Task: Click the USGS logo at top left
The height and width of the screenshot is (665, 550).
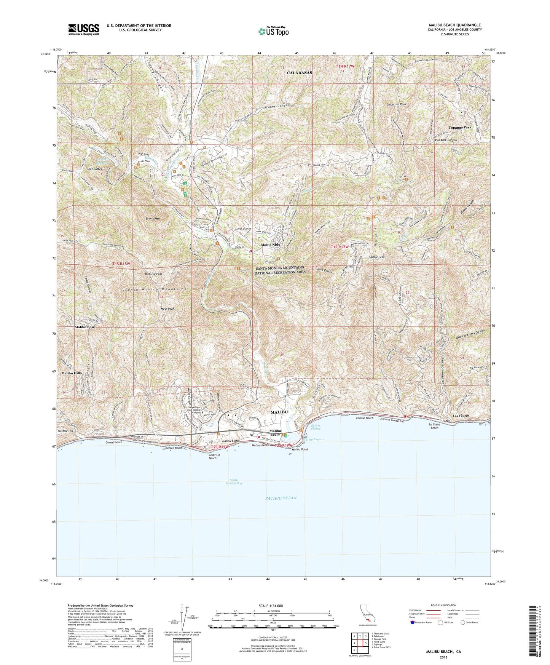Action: point(84,29)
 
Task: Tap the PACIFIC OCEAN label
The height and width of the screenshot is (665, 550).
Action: point(281,498)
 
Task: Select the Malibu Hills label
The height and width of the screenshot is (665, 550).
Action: point(72,373)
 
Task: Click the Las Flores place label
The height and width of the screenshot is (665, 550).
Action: point(458,416)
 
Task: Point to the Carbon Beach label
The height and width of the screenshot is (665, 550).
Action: point(365,418)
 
